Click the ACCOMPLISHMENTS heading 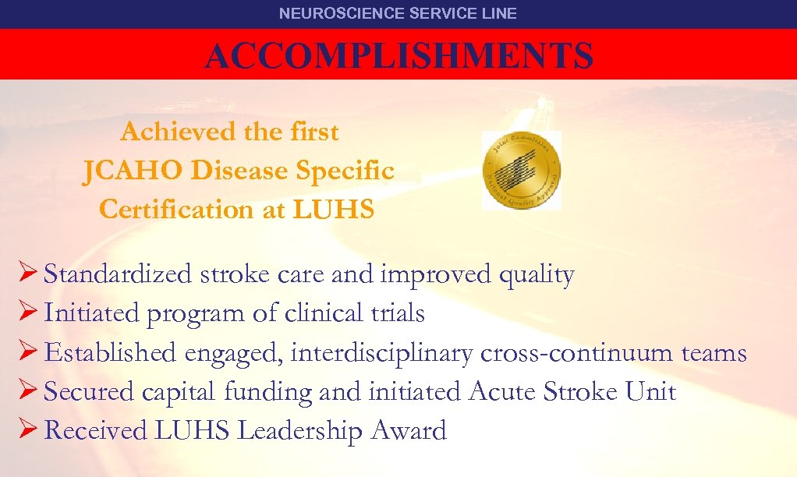pos(398,56)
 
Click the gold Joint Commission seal pos(521,170)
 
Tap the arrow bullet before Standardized pos(27,274)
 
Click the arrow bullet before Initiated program pos(27,313)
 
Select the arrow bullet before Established pos(27,352)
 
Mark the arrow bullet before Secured pos(27,391)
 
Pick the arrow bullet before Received pos(27,430)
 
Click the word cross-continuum pos(577,353)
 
